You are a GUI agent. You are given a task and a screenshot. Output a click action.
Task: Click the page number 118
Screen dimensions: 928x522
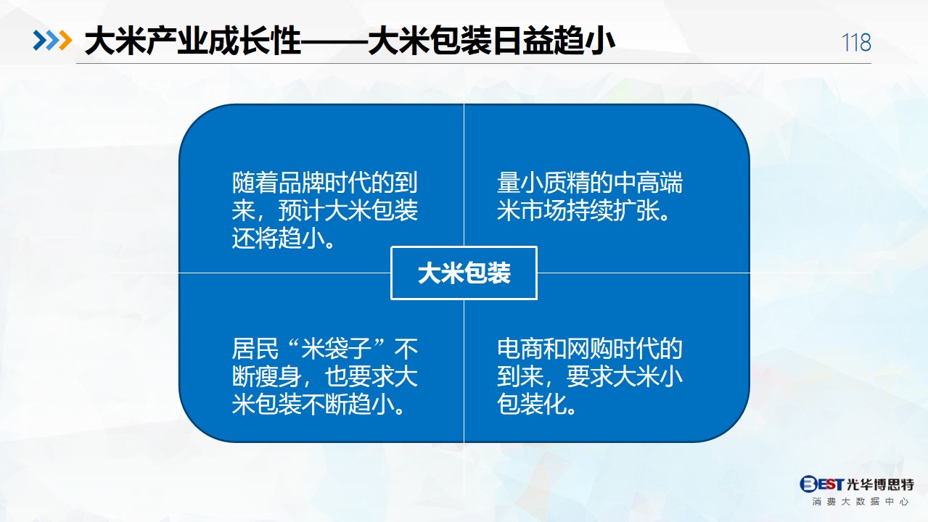click(x=856, y=42)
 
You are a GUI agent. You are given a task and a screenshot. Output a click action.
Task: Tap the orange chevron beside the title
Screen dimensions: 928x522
click(x=65, y=41)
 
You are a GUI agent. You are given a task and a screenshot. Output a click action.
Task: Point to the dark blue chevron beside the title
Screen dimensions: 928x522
click(x=40, y=41)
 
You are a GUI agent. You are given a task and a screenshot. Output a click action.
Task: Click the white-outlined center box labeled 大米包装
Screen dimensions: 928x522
click(x=464, y=273)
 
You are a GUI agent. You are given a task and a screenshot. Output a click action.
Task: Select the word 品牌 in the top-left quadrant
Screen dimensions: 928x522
click(x=302, y=183)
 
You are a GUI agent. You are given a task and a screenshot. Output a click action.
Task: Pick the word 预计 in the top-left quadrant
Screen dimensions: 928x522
click(x=302, y=211)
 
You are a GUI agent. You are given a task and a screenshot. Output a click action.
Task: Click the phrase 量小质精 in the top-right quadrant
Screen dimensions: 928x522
click(x=543, y=183)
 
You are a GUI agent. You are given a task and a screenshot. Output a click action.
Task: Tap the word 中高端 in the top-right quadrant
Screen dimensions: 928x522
click(x=647, y=183)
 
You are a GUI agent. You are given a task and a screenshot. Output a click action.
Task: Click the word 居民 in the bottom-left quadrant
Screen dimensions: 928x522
click(x=255, y=349)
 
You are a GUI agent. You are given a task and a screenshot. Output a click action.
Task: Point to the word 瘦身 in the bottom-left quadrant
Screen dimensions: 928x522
click(x=279, y=377)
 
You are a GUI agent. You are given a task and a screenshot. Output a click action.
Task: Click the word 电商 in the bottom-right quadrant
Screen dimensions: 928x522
click(x=520, y=349)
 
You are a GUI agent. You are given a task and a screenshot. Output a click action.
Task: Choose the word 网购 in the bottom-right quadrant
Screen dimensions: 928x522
click(x=590, y=349)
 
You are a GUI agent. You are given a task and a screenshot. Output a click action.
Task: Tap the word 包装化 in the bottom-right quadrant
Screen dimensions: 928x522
click(x=532, y=405)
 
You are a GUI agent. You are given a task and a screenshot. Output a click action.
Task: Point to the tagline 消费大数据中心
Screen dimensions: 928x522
click(x=860, y=502)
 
